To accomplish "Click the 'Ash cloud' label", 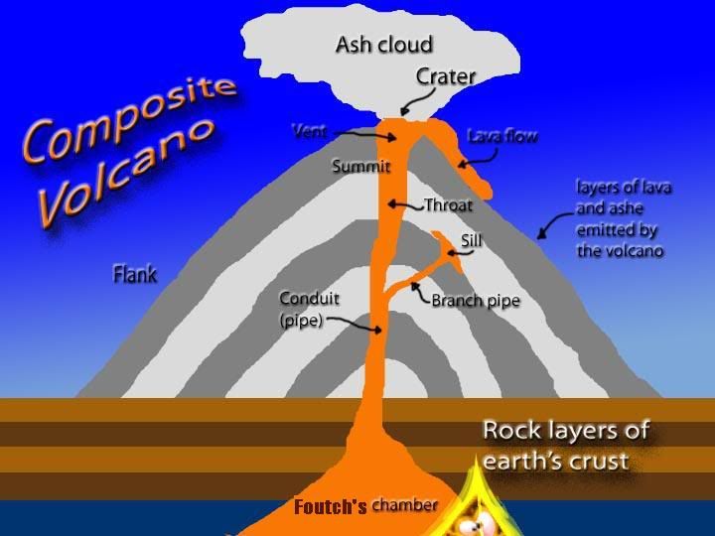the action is (x=384, y=45).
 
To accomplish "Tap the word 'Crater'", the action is (x=446, y=76).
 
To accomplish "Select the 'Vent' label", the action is (x=310, y=132).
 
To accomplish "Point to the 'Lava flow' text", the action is (x=502, y=136).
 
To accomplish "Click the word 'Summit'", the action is (x=361, y=166).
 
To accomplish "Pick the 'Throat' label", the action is (x=448, y=205).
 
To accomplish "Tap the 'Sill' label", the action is (x=471, y=240).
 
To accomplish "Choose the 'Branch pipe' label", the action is (x=476, y=301).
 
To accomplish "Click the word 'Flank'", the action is (x=135, y=274).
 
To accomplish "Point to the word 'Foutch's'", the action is (x=330, y=506).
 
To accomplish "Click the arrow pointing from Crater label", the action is (x=422, y=101).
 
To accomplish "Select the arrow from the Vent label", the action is (x=364, y=135).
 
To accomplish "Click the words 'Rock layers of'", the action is (x=565, y=430).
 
